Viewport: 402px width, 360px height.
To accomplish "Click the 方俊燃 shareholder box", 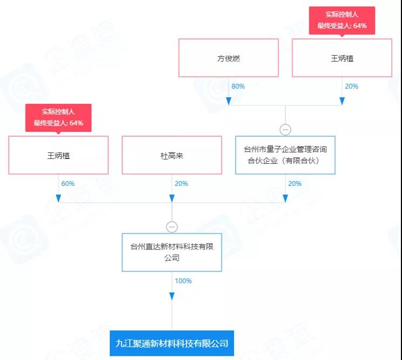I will pos(229,58).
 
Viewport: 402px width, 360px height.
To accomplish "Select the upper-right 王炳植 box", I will pos(341,58).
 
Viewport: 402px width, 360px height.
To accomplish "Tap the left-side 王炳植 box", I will pos(58,155).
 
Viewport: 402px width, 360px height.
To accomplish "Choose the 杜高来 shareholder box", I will pos(172,155).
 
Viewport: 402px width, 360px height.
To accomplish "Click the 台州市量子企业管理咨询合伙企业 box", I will pos(285,155).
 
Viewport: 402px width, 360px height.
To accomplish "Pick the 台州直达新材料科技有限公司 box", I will pos(172,252).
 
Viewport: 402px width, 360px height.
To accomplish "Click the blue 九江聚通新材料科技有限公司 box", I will pos(172,343).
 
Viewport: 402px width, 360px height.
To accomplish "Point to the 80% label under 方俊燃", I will pos(238,86).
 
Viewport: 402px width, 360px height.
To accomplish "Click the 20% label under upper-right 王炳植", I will pos(351,86).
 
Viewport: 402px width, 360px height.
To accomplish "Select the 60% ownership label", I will pos(68,184).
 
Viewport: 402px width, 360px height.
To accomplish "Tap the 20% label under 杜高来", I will pos(181,184).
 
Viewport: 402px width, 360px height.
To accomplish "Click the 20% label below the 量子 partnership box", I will pos(294,184).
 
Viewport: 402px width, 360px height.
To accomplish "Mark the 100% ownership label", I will pos(183,281).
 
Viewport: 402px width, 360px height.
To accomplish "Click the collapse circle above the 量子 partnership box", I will pos(285,130).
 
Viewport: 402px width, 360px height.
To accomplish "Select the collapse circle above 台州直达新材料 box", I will pos(172,227).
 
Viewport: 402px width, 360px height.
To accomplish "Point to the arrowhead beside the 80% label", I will pos(229,101).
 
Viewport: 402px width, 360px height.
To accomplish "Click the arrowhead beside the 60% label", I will pos(58,198).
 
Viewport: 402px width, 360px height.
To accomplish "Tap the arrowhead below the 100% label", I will pos(172,296).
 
